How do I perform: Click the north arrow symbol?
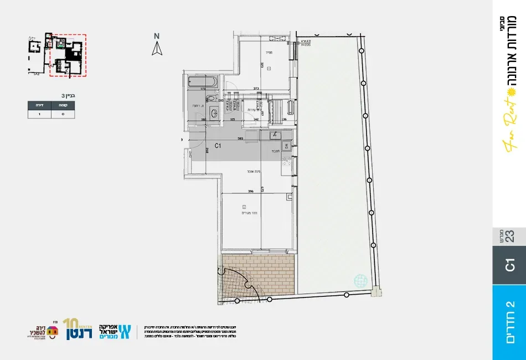pyautogui.click(x=157, y=49)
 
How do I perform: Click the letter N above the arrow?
pyautogui.click(x=157, y=37)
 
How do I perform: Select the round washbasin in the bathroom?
pyautogui.click(x=212, y=110)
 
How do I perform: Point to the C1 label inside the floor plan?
pyautogui.click(x=218, y=146)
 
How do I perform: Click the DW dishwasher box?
pyautogui.click(x=286, y=146)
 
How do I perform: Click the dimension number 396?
pyautogui.click(x=250, y=191)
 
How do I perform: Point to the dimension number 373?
pyautogui.click(x=256, y=88)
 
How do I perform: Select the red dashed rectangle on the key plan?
pyautogui.click(x=68, y=55)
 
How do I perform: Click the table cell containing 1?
pyautogui.click(x=39, y=114)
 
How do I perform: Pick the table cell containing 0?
pyautogui.click(x=63, y=114)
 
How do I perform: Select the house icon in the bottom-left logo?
pyautogui.click(x=53, y=331)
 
